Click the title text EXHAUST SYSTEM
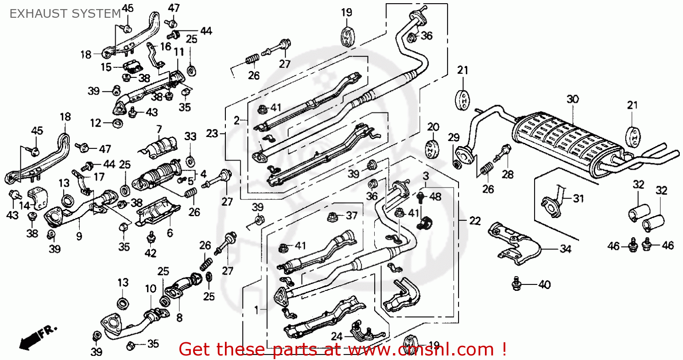click(65, 14)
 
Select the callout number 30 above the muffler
click(572, 99)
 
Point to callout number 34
click(565, 248)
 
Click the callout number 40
click(544, 285)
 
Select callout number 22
click(475, 221)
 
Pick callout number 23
click(212, 133)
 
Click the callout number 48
click(435, 196)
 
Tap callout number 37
click(352, 216)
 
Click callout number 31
click(578, 198)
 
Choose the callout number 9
click(79, 236)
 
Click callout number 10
click(150, 288)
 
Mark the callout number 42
click(150, 253)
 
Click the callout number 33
click(190, 136)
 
